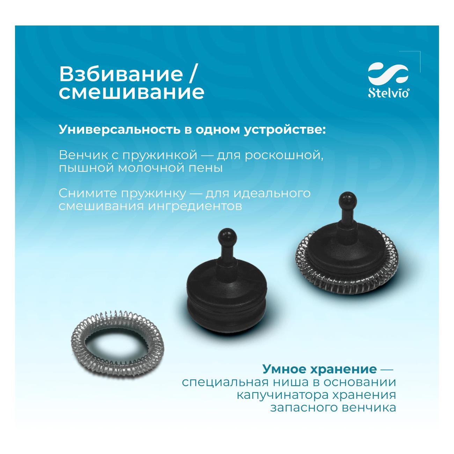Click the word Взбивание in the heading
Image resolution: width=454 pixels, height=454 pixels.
(x=121, y=74)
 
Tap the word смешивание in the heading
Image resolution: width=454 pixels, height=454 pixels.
(x=131, y=92)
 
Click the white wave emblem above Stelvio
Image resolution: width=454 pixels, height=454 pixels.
(x=388, y=74)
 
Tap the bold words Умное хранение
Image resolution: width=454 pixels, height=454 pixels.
(x=319, y=369)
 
